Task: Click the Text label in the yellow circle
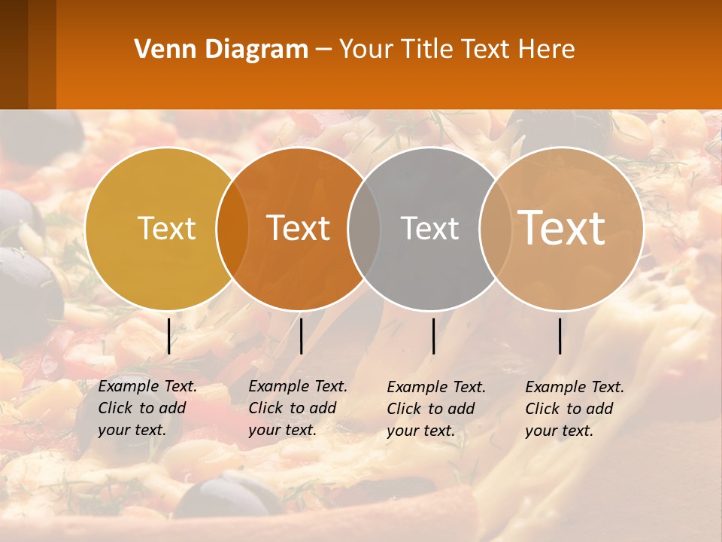167,228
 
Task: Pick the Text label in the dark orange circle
299,228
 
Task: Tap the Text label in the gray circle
429,228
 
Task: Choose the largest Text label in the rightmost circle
562,227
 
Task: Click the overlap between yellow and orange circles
232,228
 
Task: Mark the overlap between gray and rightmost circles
495,228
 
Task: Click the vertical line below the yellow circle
168,336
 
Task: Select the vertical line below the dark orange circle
301,336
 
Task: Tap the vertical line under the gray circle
433,336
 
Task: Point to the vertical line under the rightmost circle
560,336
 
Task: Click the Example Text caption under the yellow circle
147,408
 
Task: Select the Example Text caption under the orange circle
298,408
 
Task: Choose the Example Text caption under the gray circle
436,409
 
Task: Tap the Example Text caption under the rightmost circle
575,409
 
